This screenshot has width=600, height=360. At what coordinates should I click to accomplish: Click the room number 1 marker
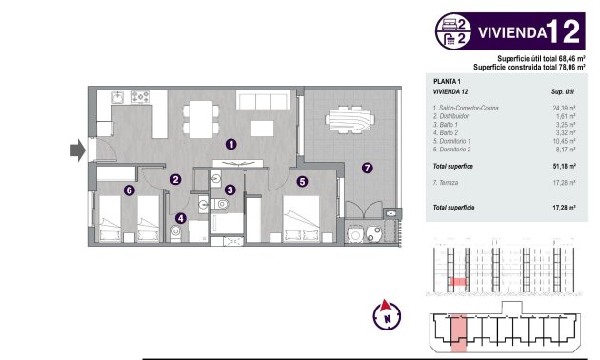click(x=231, y=144)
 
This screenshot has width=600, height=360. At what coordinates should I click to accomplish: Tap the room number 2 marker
click(x=175, y=179)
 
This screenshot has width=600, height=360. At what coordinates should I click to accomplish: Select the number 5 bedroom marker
click(x=302, y=181)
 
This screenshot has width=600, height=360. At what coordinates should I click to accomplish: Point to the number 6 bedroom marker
click(x=129, y=190)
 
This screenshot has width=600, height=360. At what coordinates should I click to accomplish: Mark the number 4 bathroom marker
click(x=181, y=218)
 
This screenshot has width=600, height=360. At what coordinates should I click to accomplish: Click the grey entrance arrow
click(x=76, y=149)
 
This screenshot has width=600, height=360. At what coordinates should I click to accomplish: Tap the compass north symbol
click(x=387, y=315)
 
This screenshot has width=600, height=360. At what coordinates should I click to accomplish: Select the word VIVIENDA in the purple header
click(x=510, y=31)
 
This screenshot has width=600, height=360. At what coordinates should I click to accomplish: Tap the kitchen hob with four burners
click(x=142, y=97)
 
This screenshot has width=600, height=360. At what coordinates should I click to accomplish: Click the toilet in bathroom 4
click(x=176, y=232)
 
